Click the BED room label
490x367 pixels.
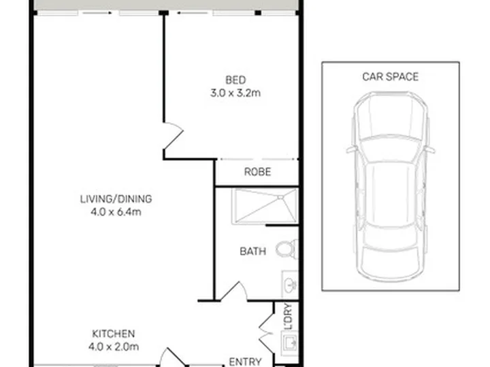[x=235, y=80]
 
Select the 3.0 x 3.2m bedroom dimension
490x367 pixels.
[x=235, y=93]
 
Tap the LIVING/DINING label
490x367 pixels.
[x=116, y=199]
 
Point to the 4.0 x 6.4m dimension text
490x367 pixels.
[x=116, y=212]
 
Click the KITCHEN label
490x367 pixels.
[x=114, y=334]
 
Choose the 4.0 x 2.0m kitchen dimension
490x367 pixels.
[x=114, y=347]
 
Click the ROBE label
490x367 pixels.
[x=257, y=172]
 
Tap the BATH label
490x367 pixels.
[x=252, y=251]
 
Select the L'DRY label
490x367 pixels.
[x=289, y=316]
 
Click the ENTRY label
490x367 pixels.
[x=245, y=362]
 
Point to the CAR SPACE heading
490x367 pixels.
[x=391, y=77]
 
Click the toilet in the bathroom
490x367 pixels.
[x=287, y=249]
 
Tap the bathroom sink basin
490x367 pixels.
[x=291, y=285]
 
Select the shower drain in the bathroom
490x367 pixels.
[x=280, y=198]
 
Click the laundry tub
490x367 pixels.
[x=290, y=343]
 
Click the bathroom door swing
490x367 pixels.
[x=233, y=292]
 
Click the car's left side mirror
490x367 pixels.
[x=351, y=149]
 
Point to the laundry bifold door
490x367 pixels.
[x=266, y=333]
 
